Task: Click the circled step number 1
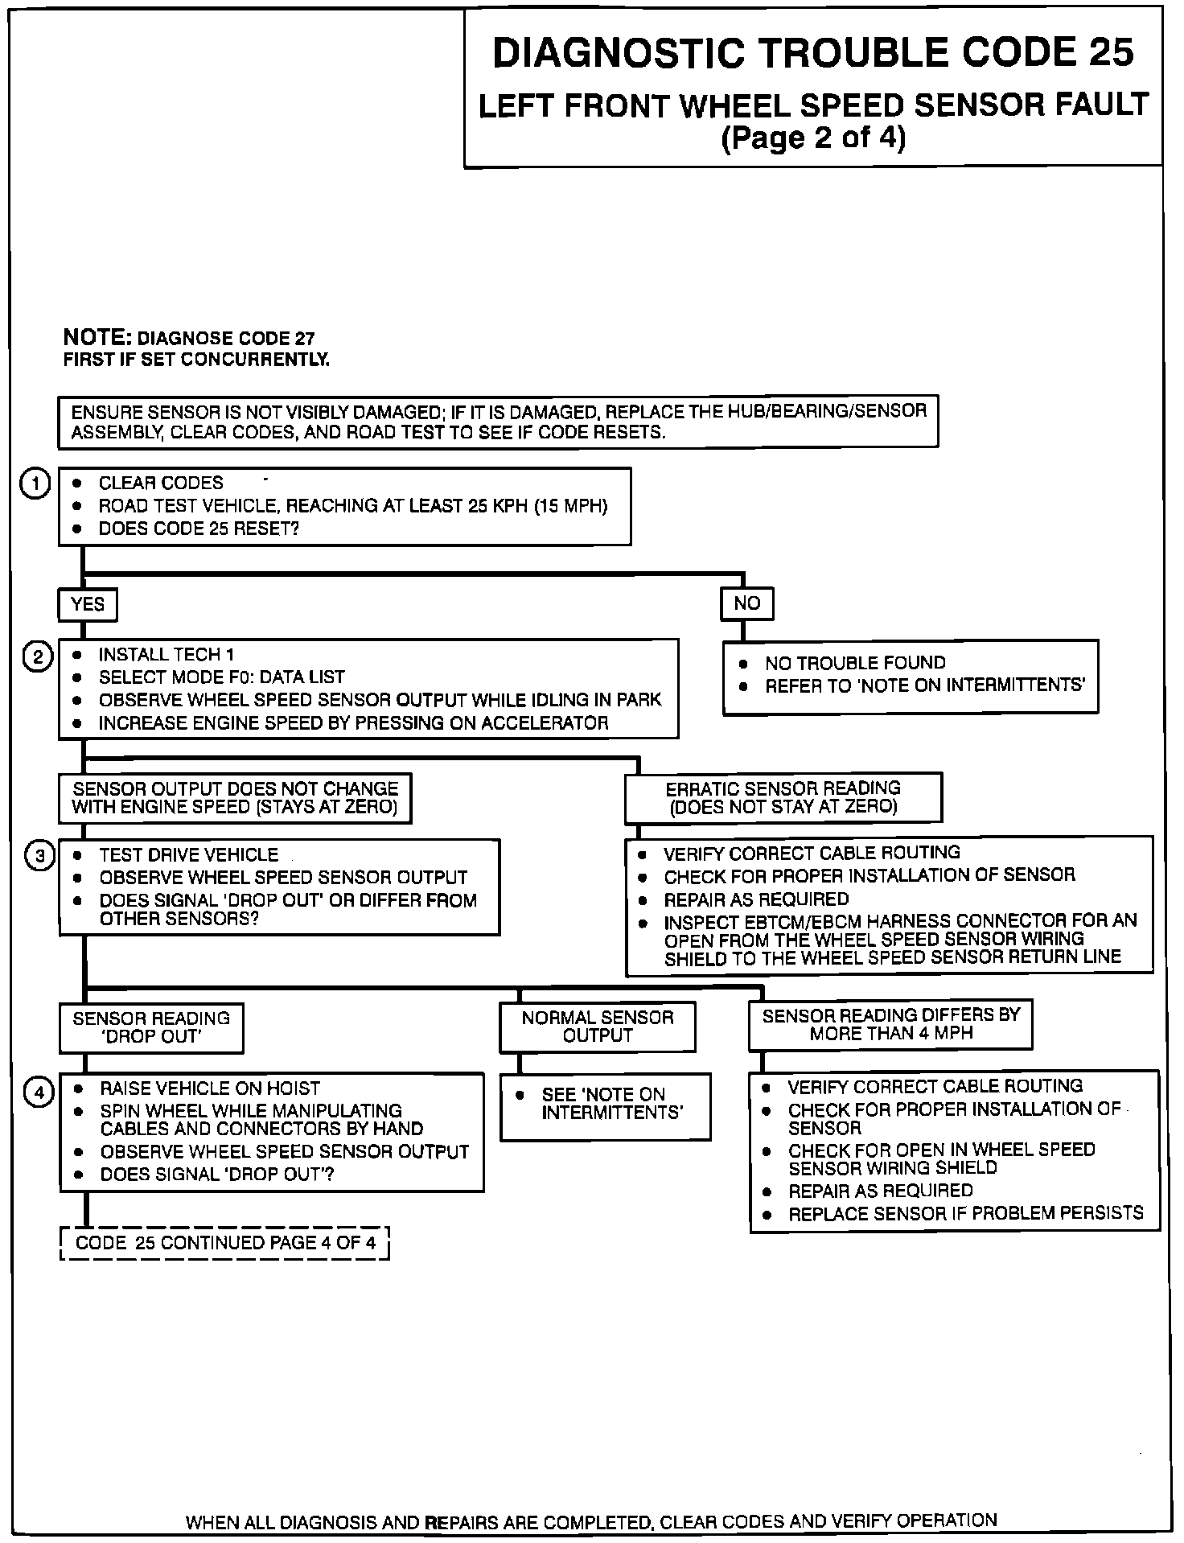(35, 484)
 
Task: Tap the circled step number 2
(38, 656)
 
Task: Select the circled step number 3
(39, 855)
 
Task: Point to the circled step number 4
(39, 1092)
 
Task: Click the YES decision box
(87, 604)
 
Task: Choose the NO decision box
(746, 603)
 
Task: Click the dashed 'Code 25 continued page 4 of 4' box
(225, 1243)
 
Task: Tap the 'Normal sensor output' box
(598, 1027)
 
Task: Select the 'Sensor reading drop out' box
(151, 1027)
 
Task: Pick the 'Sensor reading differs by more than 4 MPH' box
(890, 1024)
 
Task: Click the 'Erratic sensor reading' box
(783, 797)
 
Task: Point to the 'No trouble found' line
(854, 663)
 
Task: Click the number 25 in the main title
(1112, 53)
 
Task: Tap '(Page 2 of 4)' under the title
(813, 138)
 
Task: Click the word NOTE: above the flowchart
(97, 338)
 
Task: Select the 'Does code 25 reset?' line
(198, 529)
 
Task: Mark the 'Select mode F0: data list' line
(221, 677)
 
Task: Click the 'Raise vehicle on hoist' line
(209, 1089)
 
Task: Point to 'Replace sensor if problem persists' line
(965, 1213)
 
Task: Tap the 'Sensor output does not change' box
(235, 798)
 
